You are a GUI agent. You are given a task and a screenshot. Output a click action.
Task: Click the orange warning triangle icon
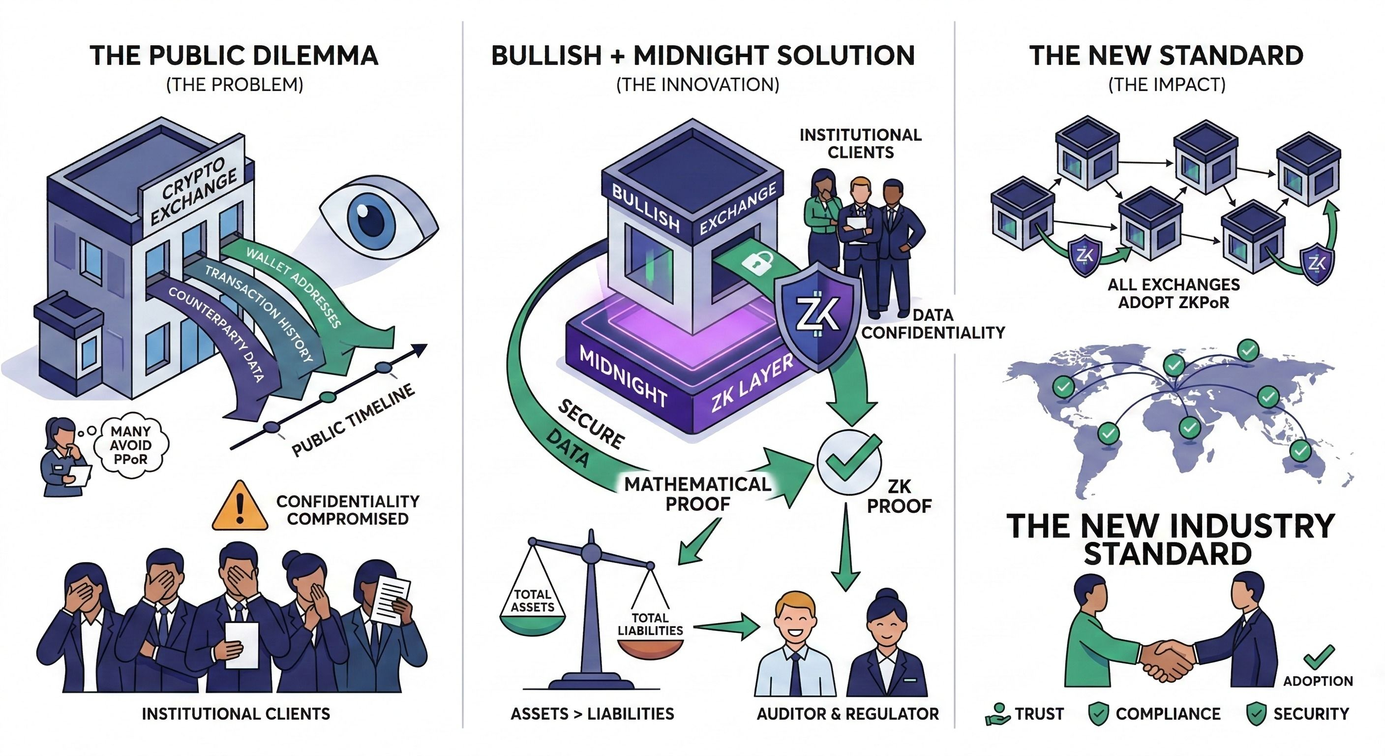click(240, 507)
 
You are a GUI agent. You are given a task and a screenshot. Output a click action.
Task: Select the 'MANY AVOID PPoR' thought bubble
click(131, 445)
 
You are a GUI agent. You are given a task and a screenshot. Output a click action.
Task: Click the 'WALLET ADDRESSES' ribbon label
click(294, 287)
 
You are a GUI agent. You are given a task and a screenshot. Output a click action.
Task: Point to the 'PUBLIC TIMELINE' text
click(353, 420)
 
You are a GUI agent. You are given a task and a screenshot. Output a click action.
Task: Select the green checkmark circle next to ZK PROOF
click(849, 462)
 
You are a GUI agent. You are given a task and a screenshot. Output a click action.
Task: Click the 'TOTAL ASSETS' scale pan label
click(532, 600)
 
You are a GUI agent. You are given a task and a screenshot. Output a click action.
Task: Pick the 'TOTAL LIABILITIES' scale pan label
click(650, 624)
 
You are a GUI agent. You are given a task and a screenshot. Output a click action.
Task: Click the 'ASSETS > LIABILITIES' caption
click(592, 714)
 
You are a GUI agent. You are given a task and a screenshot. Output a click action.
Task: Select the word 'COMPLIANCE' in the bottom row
click(1168, 714)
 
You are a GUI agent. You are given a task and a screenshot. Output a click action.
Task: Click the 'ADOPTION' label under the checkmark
click(1318, 681)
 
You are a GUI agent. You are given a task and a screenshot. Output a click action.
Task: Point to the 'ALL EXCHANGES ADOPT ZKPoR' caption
click(1174, 293)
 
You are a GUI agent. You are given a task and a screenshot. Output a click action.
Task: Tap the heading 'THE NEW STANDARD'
click(1166, 56)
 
